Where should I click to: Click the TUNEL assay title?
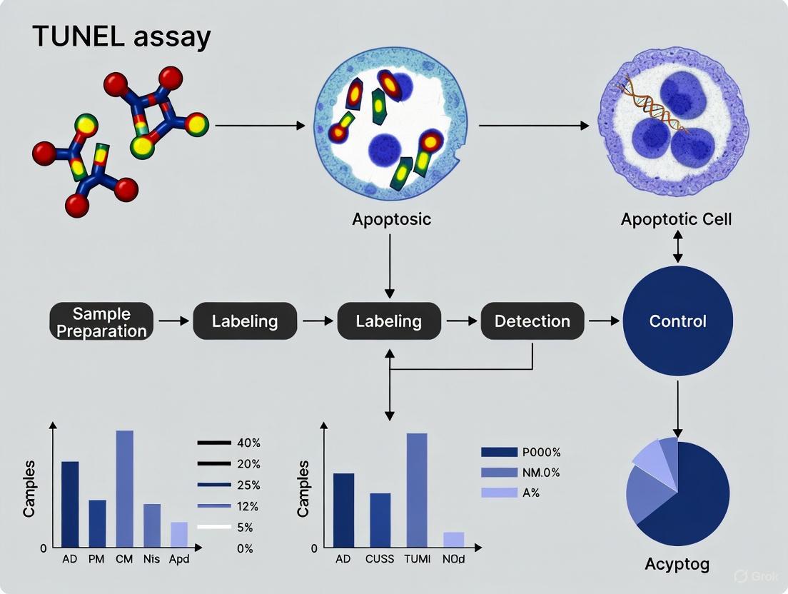click(121, 36)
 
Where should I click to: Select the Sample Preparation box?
click(101, 322)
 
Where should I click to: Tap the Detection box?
click(532, 321)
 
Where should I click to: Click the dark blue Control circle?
click(677, 321)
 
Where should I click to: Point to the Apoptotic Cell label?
click(676, 219)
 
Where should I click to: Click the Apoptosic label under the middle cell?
click(391, 219)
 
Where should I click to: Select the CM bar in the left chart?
click(125, 488)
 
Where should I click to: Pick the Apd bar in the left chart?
click(179, 534)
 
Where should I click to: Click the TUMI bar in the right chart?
click(417, 490)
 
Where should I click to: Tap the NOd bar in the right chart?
click(453, 540)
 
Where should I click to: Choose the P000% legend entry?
click(521, 452)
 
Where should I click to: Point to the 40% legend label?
click(248, 443)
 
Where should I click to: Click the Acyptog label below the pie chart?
click(677, 564)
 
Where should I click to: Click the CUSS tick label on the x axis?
click(379, 559)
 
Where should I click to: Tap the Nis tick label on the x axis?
click(151, 559)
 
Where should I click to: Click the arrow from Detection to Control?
click(603, 321)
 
